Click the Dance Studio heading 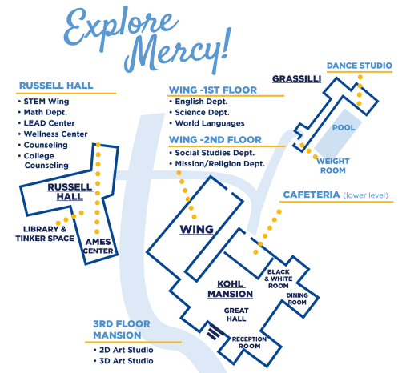point(360,66)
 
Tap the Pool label point(344,128)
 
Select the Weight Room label point(333,166)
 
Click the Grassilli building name point(296,79)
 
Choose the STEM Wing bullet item point(46,102)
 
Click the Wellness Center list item point(55,134)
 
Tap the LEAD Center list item point(49,123)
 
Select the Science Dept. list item point(202,113)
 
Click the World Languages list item point(210,123)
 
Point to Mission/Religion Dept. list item point(220,164)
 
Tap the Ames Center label point(98,247)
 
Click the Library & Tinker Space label point(45,234)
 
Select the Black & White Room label point(279,279)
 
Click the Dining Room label point(297,299)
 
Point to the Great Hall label point(236,315)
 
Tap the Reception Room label point(249,343)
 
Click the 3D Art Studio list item point(127,361)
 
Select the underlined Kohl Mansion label point(230,289)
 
